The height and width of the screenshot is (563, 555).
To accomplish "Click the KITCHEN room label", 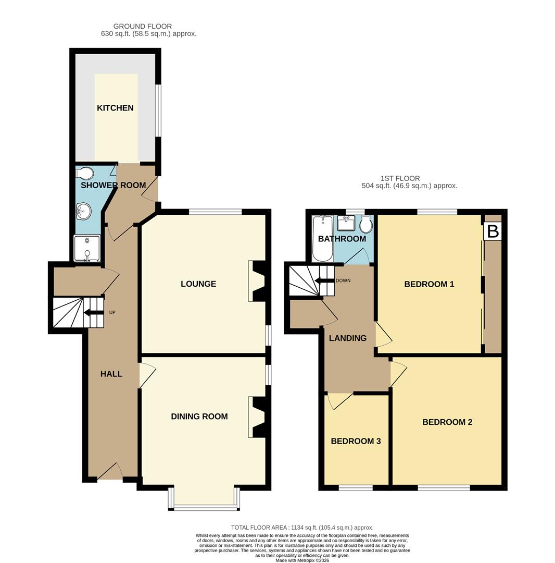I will tap(115, 108).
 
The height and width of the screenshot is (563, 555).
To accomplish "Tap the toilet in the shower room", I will tap(84, 173).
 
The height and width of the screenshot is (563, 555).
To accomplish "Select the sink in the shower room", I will tap(83, 211).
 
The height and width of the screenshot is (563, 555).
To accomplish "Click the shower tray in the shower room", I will tap(87, 248).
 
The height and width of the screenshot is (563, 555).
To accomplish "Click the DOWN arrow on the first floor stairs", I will tap(324, 280).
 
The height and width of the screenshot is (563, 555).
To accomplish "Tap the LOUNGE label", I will tap(198, 284).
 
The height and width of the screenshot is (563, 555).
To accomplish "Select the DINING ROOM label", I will tap(199, 417).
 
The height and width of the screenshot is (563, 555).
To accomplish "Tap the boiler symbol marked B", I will tap(493, 231).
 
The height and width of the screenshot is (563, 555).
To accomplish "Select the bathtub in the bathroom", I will tap(322, 239).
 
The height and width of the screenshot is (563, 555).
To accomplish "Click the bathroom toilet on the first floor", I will tap(366, 225).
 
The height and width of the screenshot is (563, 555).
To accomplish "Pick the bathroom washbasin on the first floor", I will tap(346, 223).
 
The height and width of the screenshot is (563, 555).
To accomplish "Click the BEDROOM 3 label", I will tap(356, 441).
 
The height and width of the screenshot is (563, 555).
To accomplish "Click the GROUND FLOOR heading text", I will tap(142, 26).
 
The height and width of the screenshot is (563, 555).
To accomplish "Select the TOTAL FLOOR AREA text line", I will tap(302, 528).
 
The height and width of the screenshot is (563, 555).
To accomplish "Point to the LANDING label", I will tap(347, 338).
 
